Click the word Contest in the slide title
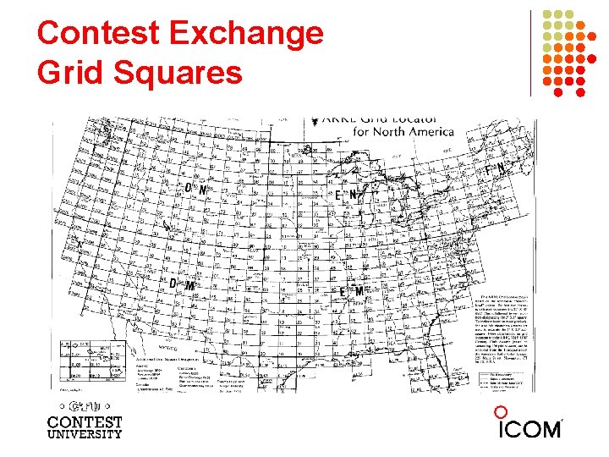[x=99, y=34]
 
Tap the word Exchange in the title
[x=246, y=34]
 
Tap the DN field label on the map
[x=195, y=190]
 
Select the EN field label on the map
[x=347, y=195]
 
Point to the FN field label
[x=495, y=170]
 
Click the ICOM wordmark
[x=529, y=428]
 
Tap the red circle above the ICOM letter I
[x=501, y=412]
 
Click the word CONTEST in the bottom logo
[x=85, y=421]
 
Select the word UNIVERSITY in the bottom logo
[x=85, y=434]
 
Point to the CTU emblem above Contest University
[x=85, y=405]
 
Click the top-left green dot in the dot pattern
[x=546, y=14]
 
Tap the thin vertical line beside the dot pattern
[x=531, y=52]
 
